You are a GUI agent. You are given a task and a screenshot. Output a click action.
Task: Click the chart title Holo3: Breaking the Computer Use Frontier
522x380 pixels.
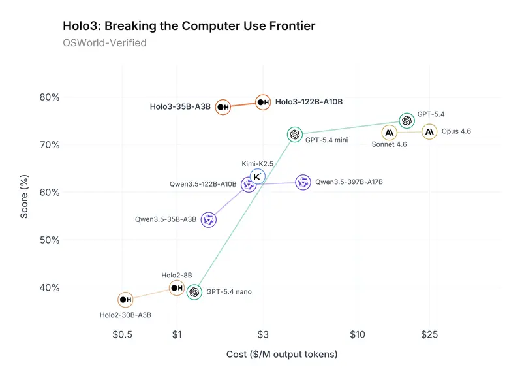pos(189,27)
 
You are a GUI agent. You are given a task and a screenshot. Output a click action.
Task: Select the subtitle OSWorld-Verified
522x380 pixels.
pos(104,43)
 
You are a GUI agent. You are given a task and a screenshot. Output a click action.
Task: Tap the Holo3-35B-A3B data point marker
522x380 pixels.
pos(223,106)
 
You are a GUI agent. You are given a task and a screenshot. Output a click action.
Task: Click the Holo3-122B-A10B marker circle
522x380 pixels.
pos(262,103)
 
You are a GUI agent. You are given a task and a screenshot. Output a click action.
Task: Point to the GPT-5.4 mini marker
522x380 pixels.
pos(294,135)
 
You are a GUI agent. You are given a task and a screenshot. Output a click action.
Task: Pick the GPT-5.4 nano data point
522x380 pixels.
pos(194,292)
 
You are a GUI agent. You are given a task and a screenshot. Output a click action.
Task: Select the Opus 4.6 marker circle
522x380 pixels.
pos(429,132)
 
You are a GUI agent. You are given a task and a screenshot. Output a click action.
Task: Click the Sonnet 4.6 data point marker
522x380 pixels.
pos(390,133)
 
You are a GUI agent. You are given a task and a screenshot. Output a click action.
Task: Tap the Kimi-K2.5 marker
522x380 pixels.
pos(258,176)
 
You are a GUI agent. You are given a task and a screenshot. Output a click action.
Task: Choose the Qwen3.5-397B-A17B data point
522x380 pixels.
pos(303,182)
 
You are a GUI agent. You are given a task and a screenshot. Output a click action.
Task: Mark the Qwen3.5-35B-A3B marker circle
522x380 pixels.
pos(209,220)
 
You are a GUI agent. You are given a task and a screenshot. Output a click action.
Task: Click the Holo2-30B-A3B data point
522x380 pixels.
pos(125,300)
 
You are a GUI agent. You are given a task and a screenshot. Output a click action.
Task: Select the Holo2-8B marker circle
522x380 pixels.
pos(176,288)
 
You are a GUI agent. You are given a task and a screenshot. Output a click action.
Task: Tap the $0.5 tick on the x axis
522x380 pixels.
pos(123,335)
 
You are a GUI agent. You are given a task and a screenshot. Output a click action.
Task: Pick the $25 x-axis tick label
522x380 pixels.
pos(429,335)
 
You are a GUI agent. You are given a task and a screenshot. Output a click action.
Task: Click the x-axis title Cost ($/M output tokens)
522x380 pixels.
pos(281,355)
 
